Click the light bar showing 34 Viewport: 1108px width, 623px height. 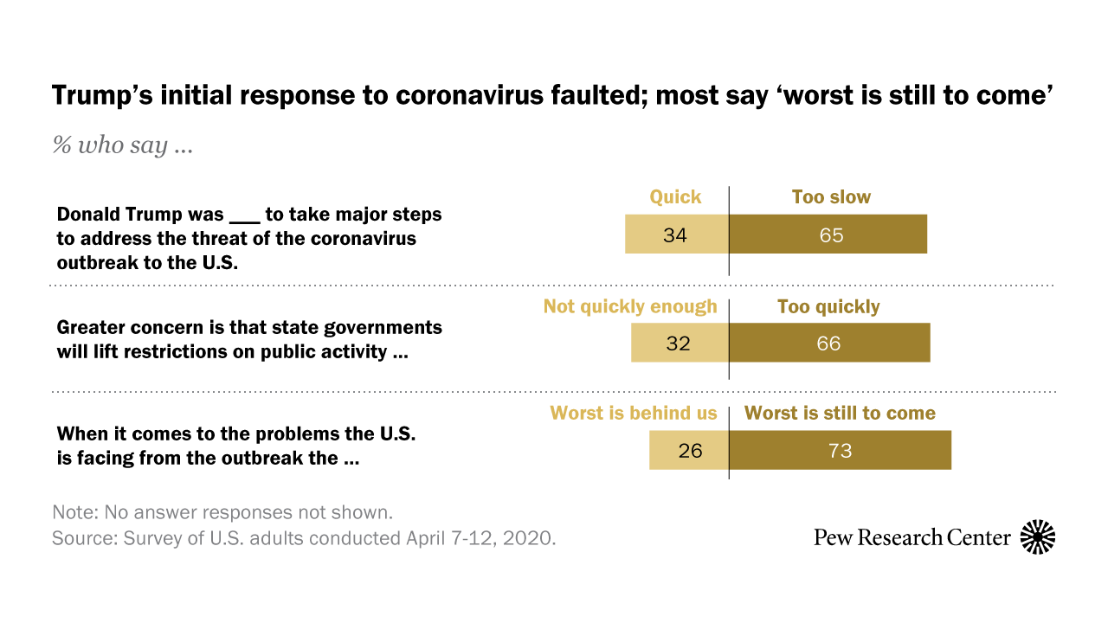coord(677,234)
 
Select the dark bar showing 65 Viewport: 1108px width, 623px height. coord(828,234)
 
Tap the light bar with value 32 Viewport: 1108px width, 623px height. coord(680,343)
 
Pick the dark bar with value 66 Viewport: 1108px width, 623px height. coord(829,343)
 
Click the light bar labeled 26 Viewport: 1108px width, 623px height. coord(689,450)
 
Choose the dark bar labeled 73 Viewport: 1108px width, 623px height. coord(841,450)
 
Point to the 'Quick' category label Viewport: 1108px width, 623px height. coord(675,197)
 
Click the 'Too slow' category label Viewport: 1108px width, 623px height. coord(831,197)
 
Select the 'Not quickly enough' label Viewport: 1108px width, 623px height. coord(630,306)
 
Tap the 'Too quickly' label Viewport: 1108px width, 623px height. coord(828,306)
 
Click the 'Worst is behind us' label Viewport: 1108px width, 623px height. coord(634,414)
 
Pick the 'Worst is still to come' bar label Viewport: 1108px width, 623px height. coord(840,414)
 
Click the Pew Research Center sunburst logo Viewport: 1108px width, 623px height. coord(1038,537)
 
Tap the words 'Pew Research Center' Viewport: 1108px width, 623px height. coord(912,538)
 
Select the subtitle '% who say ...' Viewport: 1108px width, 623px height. coord(122,145)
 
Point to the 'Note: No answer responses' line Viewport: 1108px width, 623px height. coord(222,511)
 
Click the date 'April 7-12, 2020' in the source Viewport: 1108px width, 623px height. coord(480,537)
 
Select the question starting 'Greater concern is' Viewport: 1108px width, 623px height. coord(249,340)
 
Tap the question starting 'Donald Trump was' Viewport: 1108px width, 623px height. coord(249,238)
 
